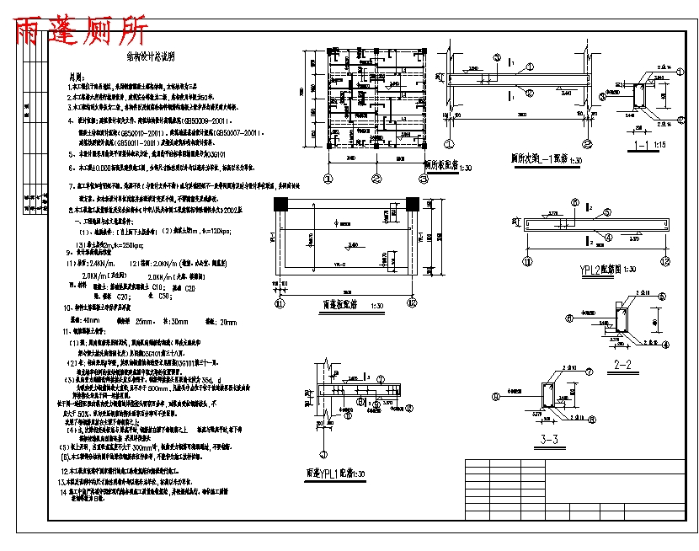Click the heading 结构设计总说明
[x=151, y=57]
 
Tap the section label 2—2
[x=624, y=365]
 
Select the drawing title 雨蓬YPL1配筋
[x=337, y=473]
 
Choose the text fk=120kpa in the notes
[x=224, y=230]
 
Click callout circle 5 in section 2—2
[x=662, y=297]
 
